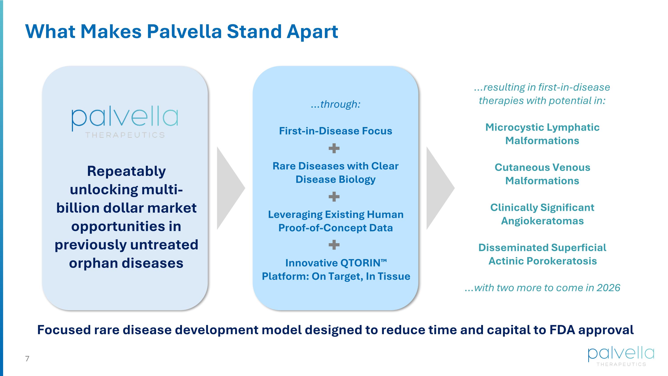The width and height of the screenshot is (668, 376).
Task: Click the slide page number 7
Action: (27, 359)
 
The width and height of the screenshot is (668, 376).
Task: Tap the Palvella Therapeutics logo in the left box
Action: (125, 122)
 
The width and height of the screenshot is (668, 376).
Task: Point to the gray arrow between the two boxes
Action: (229, 188)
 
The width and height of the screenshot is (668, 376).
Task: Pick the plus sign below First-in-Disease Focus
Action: (334, 148)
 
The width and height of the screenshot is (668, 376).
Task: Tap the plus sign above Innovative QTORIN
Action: (334, 245)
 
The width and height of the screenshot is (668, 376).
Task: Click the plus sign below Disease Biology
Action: (334, 197)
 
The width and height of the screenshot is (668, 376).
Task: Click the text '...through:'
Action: (336, 104)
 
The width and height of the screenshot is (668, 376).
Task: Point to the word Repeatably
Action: (126, 171)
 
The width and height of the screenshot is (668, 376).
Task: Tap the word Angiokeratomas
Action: (542, 221)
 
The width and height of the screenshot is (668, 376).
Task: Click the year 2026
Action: (608, 288)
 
